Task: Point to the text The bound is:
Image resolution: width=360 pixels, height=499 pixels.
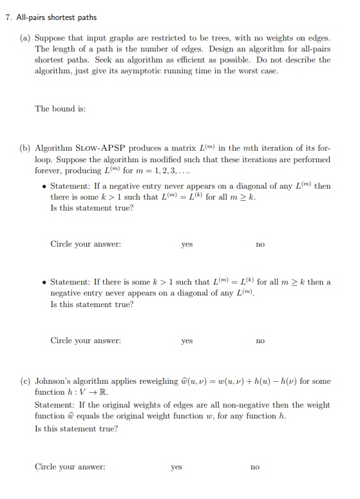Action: [60, 108]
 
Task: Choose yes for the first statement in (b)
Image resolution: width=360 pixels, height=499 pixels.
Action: [187, 245]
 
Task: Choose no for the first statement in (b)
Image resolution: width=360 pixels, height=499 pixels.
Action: [260, 245]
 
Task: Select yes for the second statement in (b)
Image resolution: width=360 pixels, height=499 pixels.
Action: [187, 341]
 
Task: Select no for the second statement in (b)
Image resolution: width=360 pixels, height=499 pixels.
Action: [260, 341]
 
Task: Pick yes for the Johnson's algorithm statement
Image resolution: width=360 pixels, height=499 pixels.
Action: [176, 467]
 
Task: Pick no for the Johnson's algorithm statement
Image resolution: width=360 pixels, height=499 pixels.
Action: [255, 467]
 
